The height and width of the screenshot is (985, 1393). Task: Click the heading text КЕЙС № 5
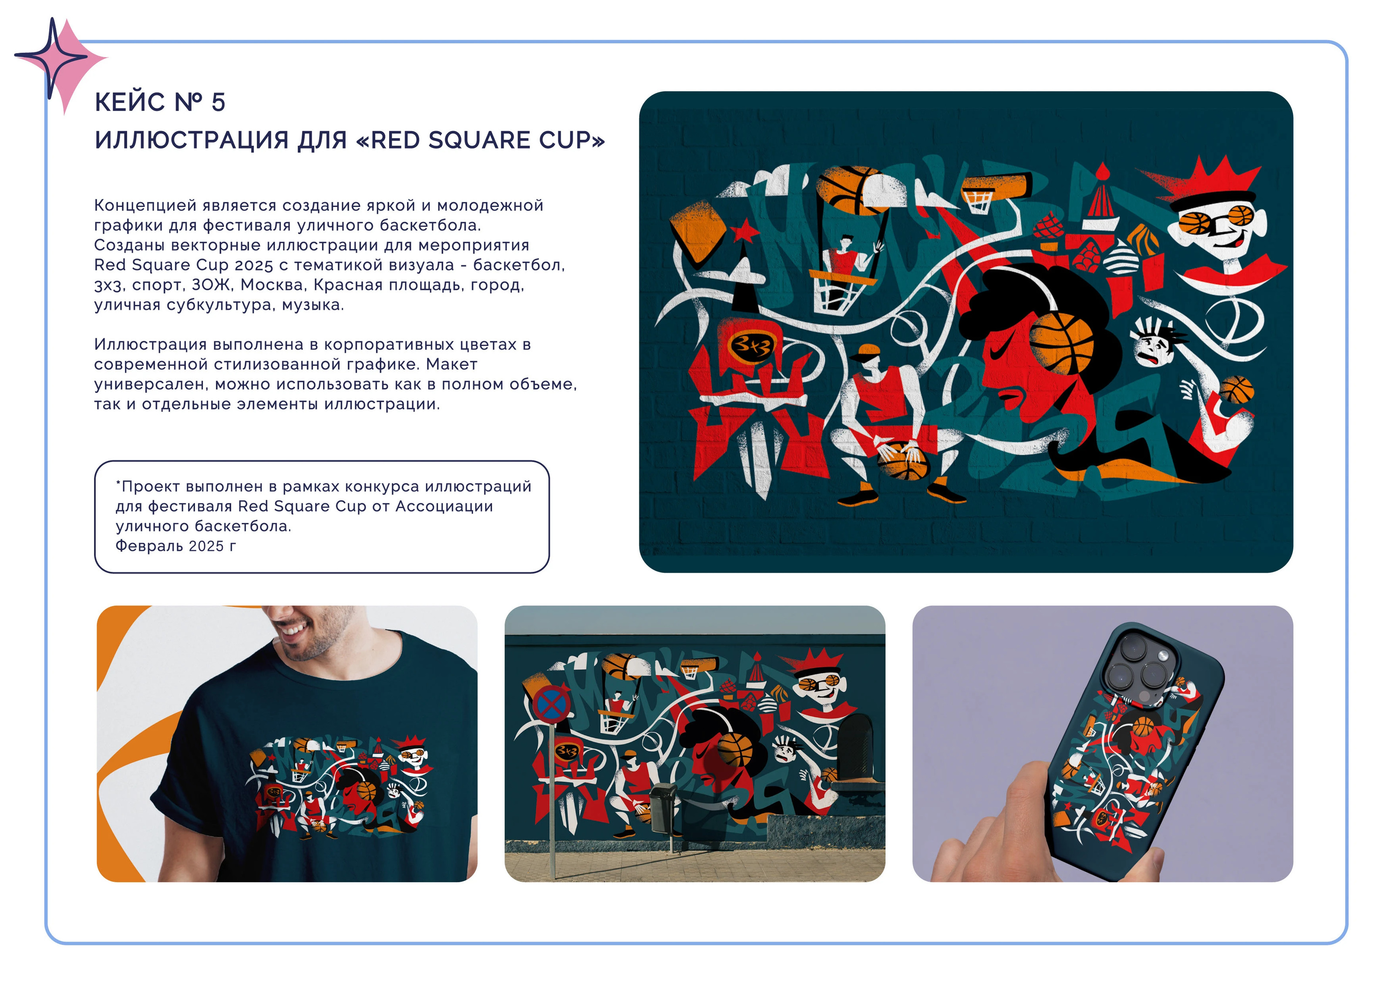coord(160,102)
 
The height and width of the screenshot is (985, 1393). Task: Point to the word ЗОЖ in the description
coord(207,285)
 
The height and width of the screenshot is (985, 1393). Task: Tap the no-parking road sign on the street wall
coord(552,704)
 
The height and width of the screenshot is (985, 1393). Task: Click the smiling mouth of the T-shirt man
coord(294,629)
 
